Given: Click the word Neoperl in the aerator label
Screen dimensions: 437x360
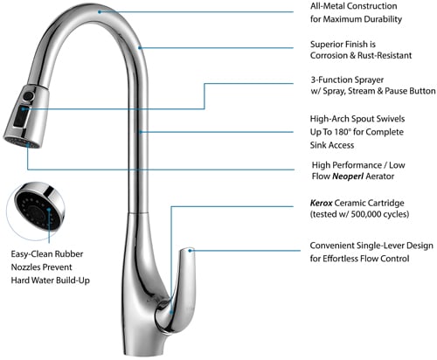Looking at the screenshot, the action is pyautogui.click(x=348, y=177).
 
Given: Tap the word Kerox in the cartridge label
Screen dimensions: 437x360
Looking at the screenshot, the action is pyautogui.click(x=321, y=203).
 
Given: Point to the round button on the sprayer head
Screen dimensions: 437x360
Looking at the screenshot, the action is pyautogui.click(x=28, y=96).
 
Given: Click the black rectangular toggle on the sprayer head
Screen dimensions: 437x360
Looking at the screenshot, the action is pyautogui.click(x=22, y=116).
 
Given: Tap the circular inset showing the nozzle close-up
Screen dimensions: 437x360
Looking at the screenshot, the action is pyautogui.click(x=36, y=211).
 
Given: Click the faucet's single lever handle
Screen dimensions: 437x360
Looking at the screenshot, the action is pyautogui.click(x=177, y=290).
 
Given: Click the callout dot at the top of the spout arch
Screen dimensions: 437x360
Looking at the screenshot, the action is pyautogui.click(x=100, y=12).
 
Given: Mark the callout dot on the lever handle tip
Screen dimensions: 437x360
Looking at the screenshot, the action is pyautogui.click(x=190, y=250).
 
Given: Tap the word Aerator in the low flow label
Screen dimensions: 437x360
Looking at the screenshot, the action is pyautogui.click(x=380, y=177).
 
